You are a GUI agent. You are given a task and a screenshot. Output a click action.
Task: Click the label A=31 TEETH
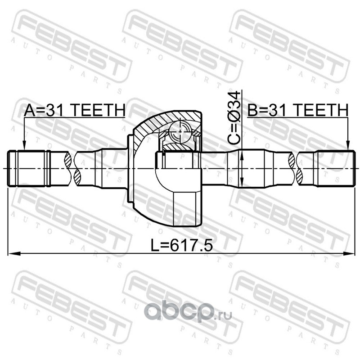point(75,110)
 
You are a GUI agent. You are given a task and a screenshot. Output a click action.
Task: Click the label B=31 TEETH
point(297,110)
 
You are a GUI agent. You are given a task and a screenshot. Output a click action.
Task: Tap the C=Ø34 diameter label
point(234,118)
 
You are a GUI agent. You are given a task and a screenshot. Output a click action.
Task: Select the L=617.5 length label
point(181,245)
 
